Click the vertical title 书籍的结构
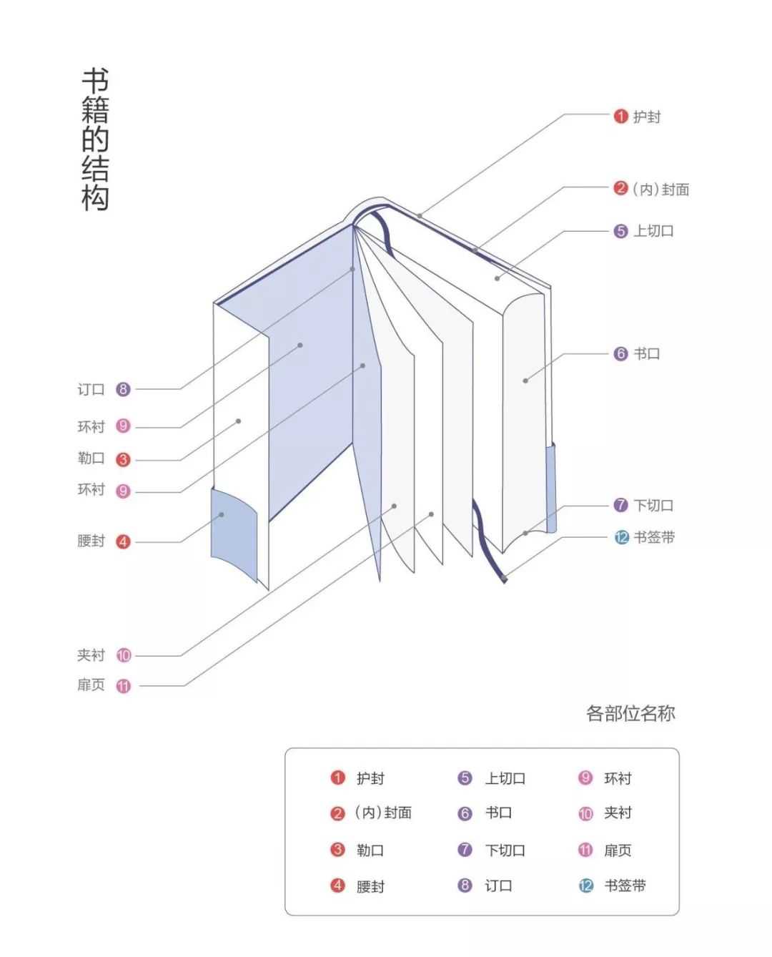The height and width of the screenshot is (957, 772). pyautogui.click(x=95, y=139)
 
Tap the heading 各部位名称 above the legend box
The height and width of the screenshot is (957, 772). pyautogui.click(x=630, y=713)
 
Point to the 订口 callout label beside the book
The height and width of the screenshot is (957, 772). pyautogui.click(x=91, y=389)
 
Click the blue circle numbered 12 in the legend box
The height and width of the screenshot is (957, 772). pyautogui.click(x=585, y=885)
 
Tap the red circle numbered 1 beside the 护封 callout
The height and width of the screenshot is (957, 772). pyautogui.click(x=620, y=117)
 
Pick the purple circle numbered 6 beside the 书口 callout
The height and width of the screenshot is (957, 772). pyautogui.click(x=620, y=353)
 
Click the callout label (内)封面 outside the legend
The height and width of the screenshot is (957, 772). pyautogui.click(x=660, y=189)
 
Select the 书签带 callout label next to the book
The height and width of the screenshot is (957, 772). pyautogui.click(x=654, y=537)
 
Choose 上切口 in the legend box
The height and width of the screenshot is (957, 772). pyautogui.click(x=505, y=778)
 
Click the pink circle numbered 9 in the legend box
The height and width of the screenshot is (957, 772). pyautogui.click(x=585, y=777)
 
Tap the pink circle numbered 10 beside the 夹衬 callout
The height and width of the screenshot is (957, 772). pyautogui.click(x=124, y=655)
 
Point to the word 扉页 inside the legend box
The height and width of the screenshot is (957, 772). pyautogui.click(x=618, y=850)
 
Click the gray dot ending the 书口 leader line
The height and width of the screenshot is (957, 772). pyautogui.click(x=525, y=381)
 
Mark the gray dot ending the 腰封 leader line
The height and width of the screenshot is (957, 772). pyautogui.click(x=222, y=514)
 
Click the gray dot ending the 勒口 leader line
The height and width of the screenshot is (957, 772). pyautogui.click(x=239, y=421)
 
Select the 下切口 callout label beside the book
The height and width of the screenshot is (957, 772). pyautogui.click(x=653, y=506)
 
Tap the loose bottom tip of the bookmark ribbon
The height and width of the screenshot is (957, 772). pyautogui.click(x=505, y=581)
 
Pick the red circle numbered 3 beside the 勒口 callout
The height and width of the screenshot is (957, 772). pyautogui.click(x=123, y=460)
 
